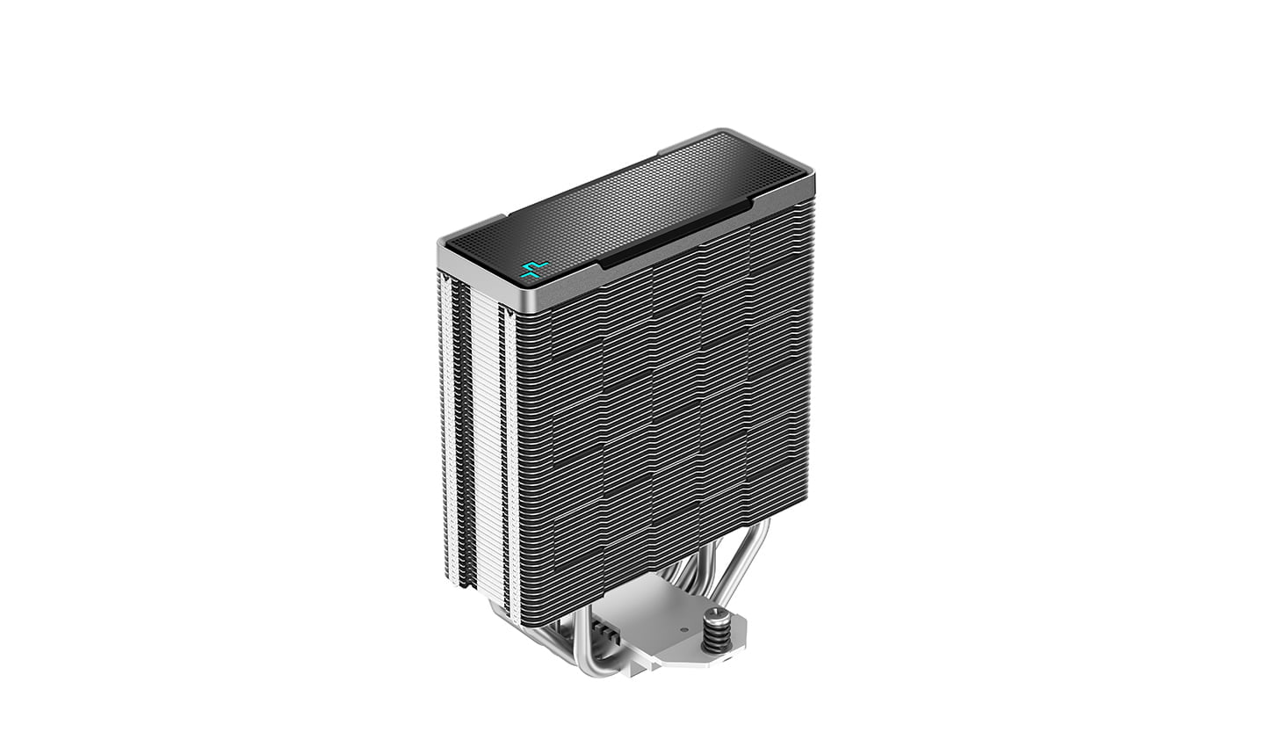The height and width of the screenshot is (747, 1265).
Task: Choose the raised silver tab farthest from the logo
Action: (694, 143)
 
